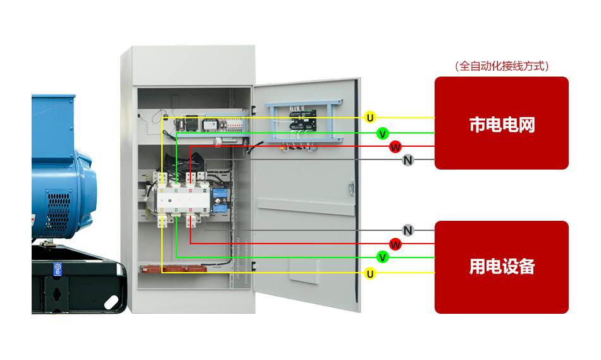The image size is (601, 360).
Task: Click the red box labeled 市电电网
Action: pyautogui.click(x=501, y=123)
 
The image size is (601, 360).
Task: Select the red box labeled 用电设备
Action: pyautogui.click(x=501, y=266)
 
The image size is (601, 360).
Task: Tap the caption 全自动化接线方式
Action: pyautogui.click(x=501, y=66)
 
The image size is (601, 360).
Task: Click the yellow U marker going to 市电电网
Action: pyautogui.click(x=371, y=117)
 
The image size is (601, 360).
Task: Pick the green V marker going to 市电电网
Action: pyautogui.click(x=382, y=133)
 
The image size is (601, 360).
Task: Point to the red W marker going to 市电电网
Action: pyautogui.click(x=395, y=147)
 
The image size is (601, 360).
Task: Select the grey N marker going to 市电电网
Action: pyautogui.click(x=408, y=160)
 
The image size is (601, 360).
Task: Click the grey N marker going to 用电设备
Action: pyautogui.click(x=408, y=230)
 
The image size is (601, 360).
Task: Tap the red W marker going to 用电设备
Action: pyautogui.click(x=395, y=244)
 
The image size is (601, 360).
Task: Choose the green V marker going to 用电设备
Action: pyautogui.click(x=382, y=257)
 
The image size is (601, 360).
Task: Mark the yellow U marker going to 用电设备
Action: pyautogui.click(x=371, y=273)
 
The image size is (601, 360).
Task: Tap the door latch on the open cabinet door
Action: pyautogui.click(x=350, y=188)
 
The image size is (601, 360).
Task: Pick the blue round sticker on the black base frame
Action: pyautogui.click(x=57, y=269)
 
